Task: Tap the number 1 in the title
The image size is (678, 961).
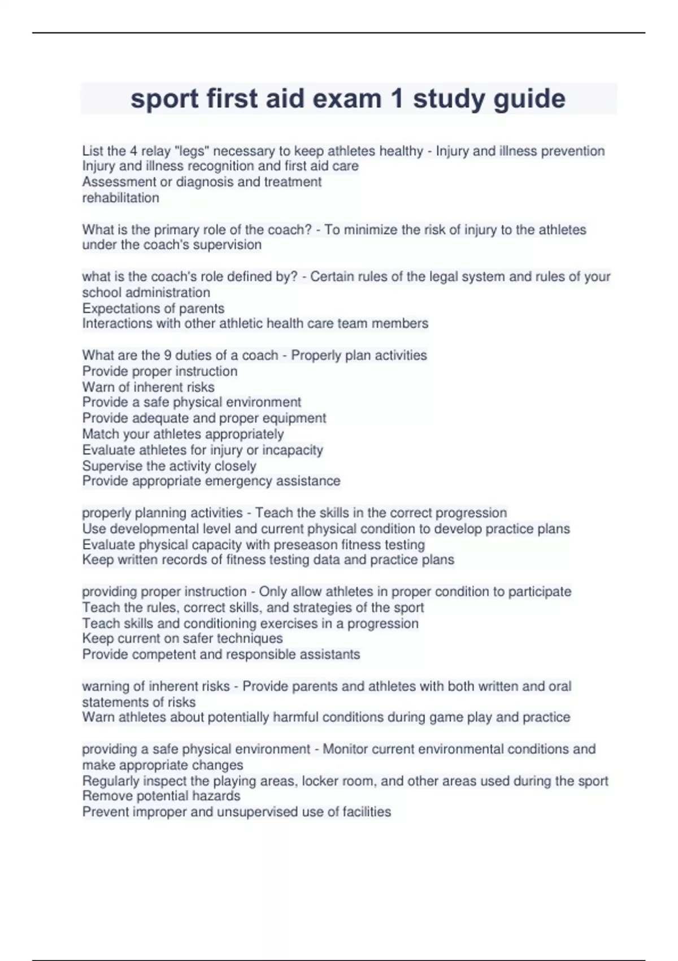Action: (397, 99)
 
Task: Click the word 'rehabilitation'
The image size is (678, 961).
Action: (120, 198)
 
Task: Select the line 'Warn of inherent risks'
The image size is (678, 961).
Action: (148, 387)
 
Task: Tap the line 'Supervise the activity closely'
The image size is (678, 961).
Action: (169, 466)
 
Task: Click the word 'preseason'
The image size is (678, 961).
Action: (305, 544)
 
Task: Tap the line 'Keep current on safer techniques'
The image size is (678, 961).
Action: (182, 638)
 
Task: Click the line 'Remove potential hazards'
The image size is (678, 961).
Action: (161, 796)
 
